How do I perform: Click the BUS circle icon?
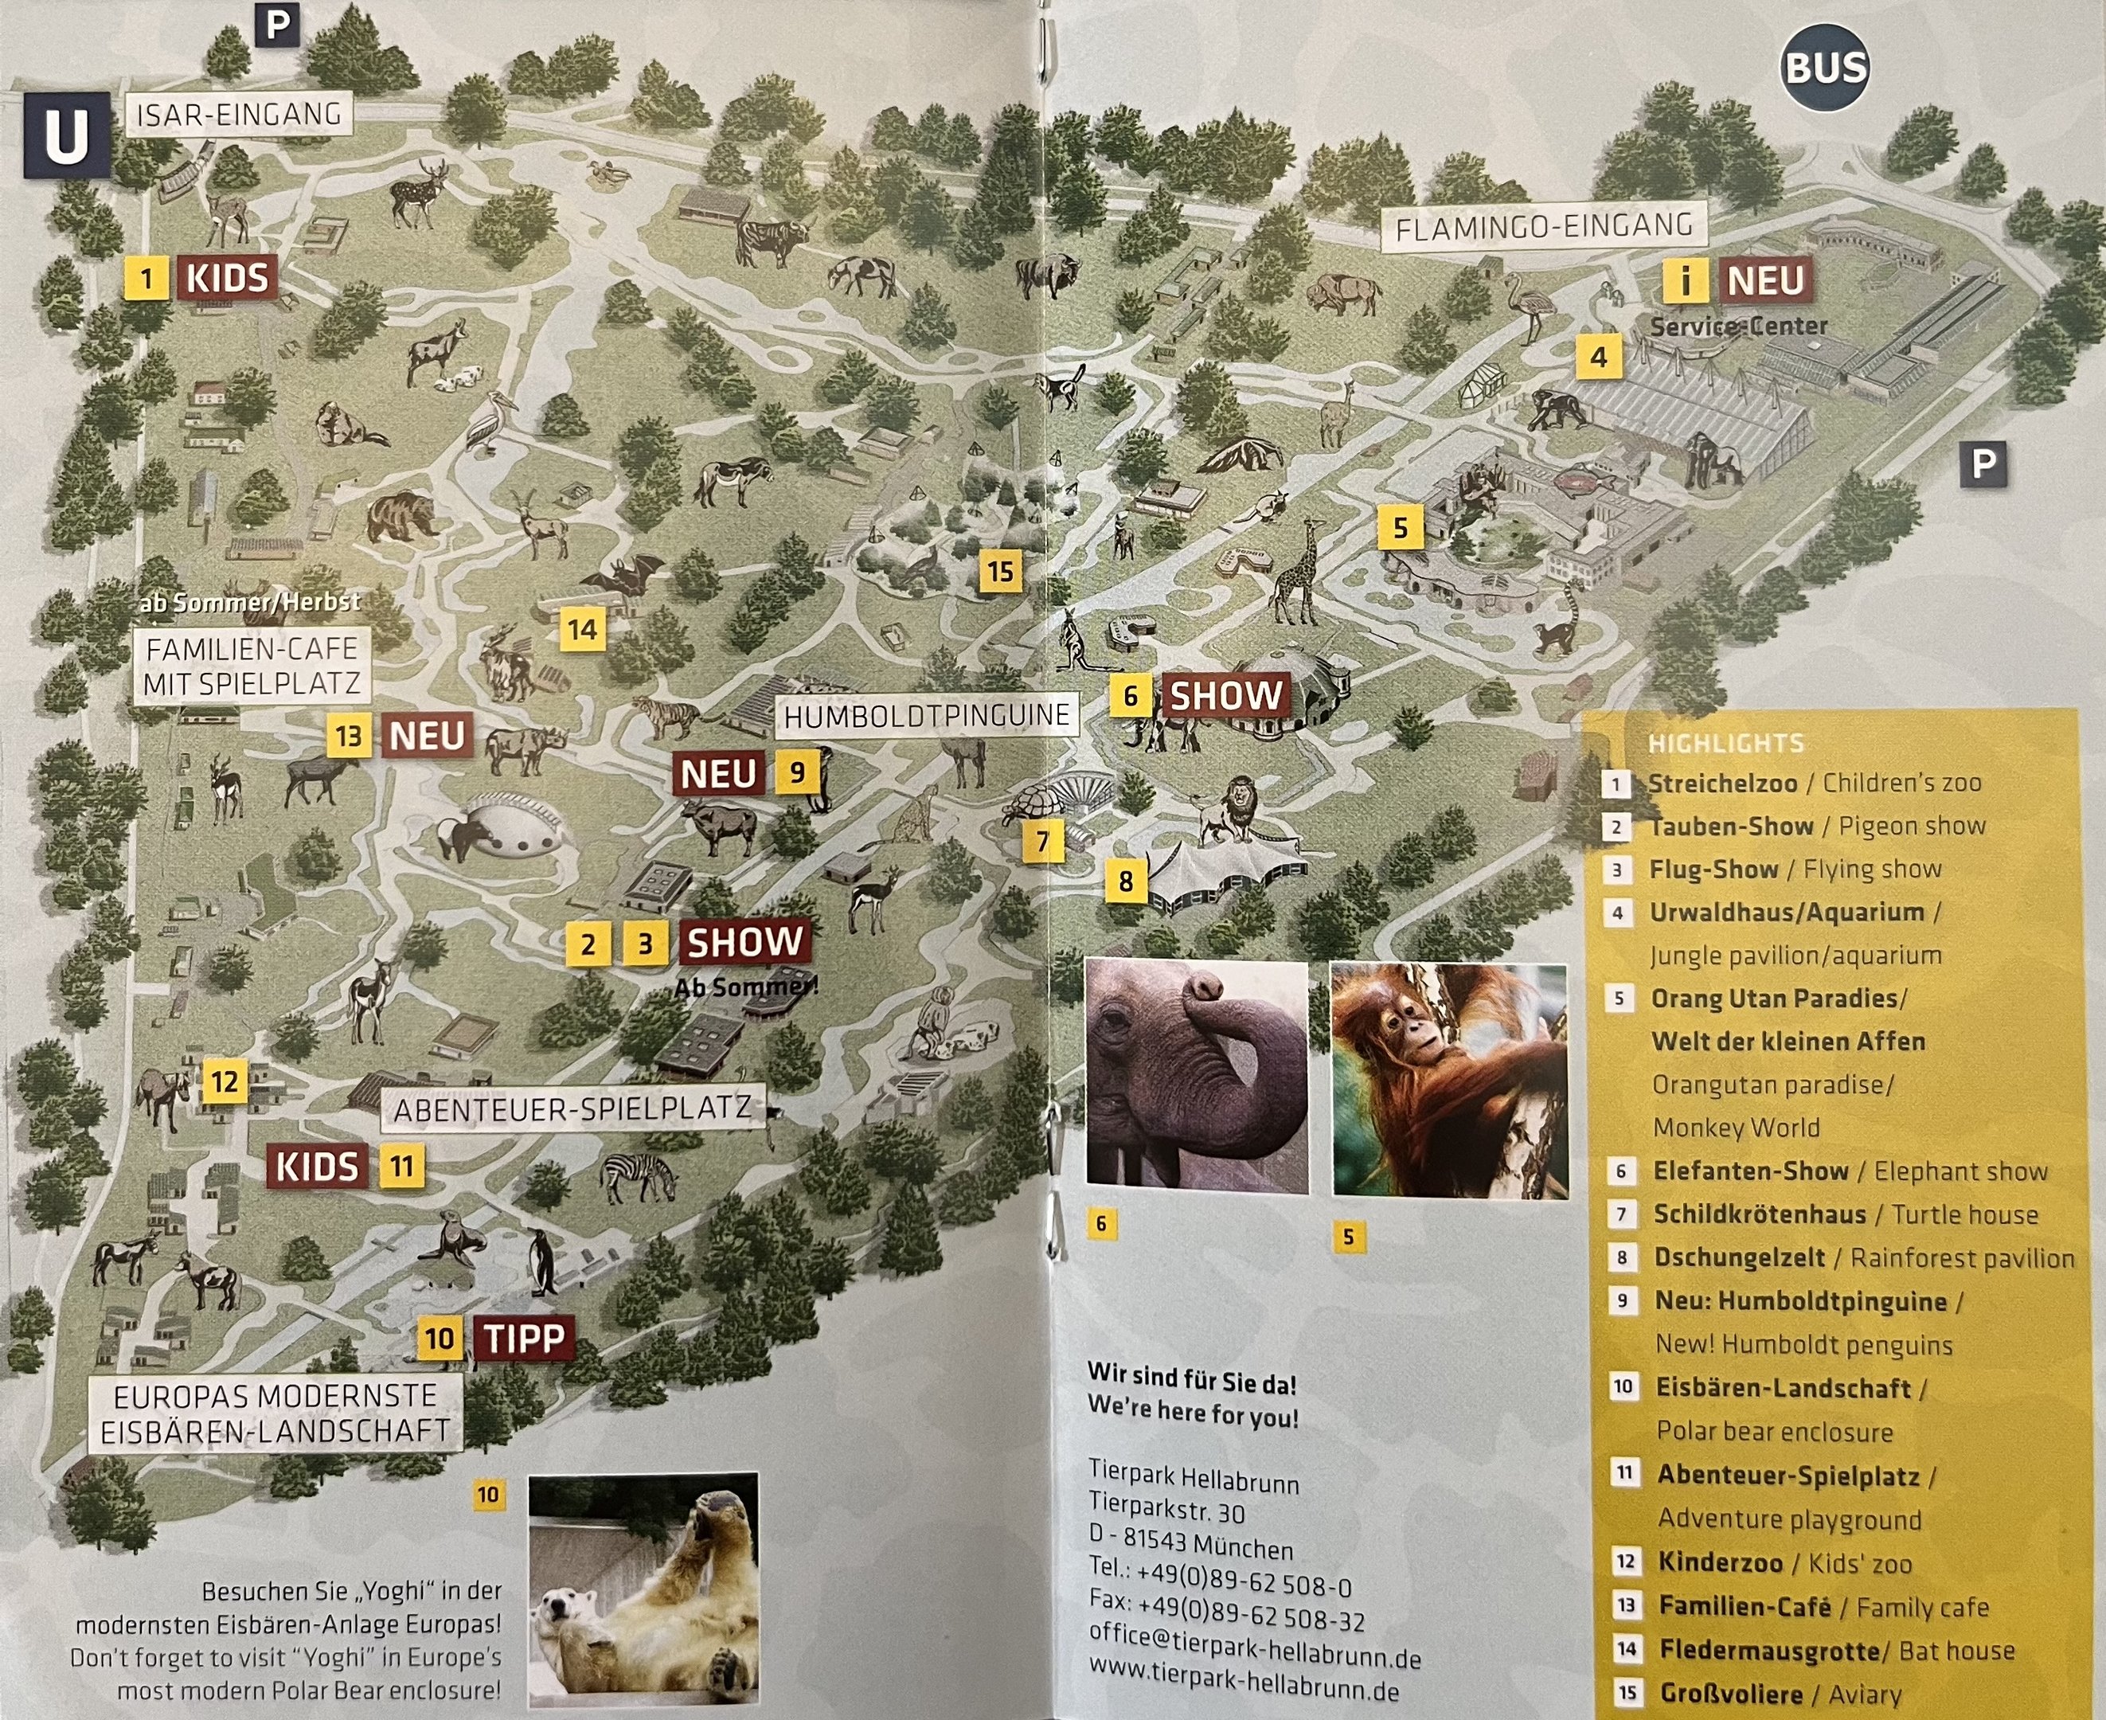pyautogui.click(x=1825, y=68)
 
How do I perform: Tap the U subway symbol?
pyautogui.click(x=66, y=135)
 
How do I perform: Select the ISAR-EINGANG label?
pyautogui.click(x=239, y=115)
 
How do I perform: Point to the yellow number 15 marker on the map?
pyautogui.click(x=1001, y=571)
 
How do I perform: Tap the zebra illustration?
pyautogui.click(x=639, y=1176)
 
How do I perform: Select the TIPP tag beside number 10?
pyautogui.click(x=524, y=1339)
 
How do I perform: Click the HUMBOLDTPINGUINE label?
pyautogui.click(x=926, y=715)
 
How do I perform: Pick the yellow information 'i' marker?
pyautogui.click(x=1684, y=280)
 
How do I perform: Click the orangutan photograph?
pyautogui.click(x=1449, y=1080)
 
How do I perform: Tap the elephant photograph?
pyautogui.click(x=1197, y=1073)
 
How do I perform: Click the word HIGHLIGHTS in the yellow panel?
pyautogui.click(x=1725, y=743)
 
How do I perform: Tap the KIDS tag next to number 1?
pyautogui.click(x=227, y=279)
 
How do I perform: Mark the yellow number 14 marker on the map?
pyautogui.click(x=583, y=629)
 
